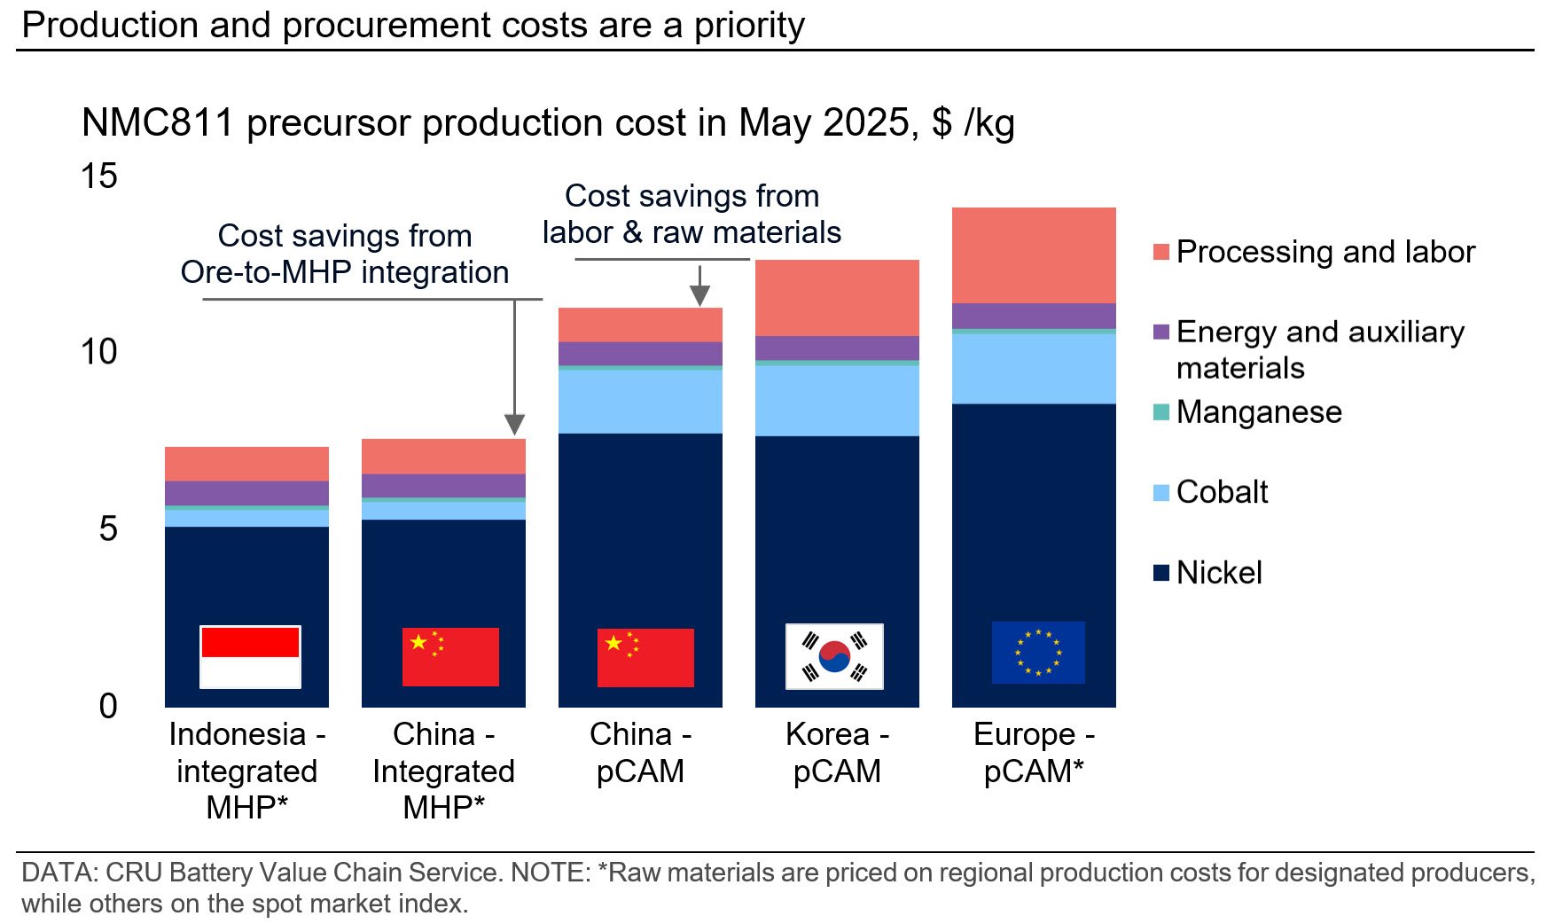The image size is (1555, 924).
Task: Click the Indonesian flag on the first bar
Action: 250,657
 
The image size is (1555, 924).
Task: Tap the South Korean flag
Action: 834,657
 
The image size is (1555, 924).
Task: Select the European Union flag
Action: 1037,653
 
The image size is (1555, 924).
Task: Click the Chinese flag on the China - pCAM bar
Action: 645,658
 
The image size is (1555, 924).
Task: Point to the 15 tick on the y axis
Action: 99,176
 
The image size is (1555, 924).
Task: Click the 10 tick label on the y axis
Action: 99,353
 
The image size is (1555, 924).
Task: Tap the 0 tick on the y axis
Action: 108,707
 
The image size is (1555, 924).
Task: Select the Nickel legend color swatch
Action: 1160,573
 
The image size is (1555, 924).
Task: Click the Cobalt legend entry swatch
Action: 1160,493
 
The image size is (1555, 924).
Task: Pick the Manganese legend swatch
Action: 1160,412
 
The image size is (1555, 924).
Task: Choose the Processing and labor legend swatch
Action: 1160,252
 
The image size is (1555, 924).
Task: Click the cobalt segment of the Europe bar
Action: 1034,369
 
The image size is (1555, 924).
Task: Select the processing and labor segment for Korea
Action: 837,297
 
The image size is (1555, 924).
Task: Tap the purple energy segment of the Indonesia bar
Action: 246,493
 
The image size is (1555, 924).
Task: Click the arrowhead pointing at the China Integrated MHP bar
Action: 515,424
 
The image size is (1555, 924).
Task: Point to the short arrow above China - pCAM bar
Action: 699,286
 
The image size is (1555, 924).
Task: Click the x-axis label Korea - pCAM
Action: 837,753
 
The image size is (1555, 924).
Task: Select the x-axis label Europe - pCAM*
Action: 1034,753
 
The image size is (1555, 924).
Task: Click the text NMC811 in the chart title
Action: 157,123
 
